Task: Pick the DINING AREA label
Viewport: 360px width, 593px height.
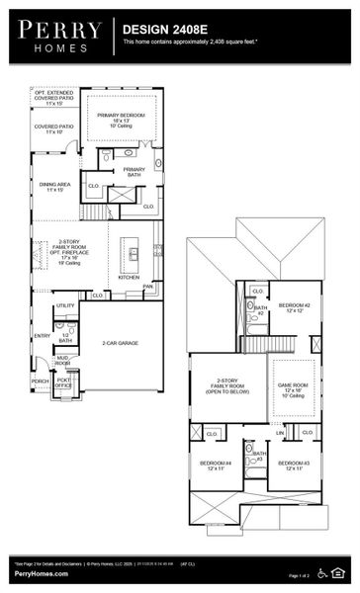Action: pyautogui.click(x=54, y=186)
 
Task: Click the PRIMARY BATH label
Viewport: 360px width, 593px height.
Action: pyautogui.click(x=135, y=171)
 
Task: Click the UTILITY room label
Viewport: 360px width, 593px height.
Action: pyautogui.click(x=65, y=306)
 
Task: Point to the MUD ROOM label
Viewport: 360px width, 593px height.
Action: pyautogui.click(x=62, y=360)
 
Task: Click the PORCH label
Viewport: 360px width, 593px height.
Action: pyautogui.click(x=41, y=381)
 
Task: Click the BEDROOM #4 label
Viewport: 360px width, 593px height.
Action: pyautogui.click(x=216, y=466)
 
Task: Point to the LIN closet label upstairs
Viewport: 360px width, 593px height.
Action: pyautogui.click(x=280, y=433)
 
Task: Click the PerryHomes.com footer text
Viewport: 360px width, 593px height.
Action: pyautogui.click(x=34, y=575)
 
